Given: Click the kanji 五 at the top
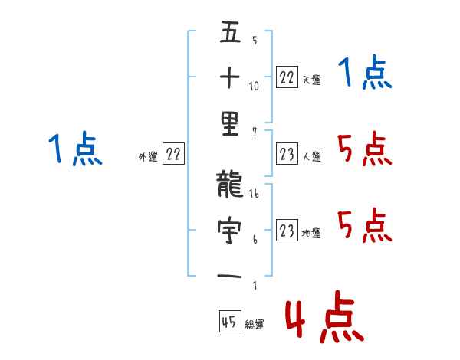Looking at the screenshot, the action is pyautogui.click(x=230, y=31).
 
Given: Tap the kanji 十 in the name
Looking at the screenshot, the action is pyautogui.click(x=230, y=77).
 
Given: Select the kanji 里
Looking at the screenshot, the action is pyautogui.click(x=230, y=124).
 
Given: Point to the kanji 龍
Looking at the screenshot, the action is pyautogui.click(x=230, y=184).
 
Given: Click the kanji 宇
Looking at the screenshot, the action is pyautogui.click(x=229, y=230).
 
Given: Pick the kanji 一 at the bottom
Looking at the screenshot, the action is pyautogui.click(x=229, y=276).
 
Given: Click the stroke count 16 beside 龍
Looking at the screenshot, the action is pyautogui.click(x=254, y=193).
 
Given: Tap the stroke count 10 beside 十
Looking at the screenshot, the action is pyautogui.click(x=254, y=87).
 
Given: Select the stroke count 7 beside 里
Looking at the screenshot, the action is pyautogui.click(x=255, y=132).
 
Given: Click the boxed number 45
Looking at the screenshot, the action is pyautogui.click(x=230, y=321).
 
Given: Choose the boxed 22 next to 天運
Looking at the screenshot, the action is pyautogui.click(x=287, y=77).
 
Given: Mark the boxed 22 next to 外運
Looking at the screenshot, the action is pyautogui.click(x=173, y=153).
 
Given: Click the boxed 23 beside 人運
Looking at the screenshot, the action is pyautogui.click(x=287, y=153).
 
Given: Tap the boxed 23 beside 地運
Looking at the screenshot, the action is pyautogui.click(x=287, y=230).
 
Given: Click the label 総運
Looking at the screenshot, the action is pyautogui.click(x=255, y=325).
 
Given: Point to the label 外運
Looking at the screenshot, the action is pyautogui.click(x=148, y=157).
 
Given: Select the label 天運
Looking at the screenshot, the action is pyautogui.click(x=311, y=80).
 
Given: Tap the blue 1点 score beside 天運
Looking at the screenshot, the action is pyautogui.click(x=365, y=73).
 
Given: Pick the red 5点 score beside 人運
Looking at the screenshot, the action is pyautogui.click(x=365, y=149).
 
